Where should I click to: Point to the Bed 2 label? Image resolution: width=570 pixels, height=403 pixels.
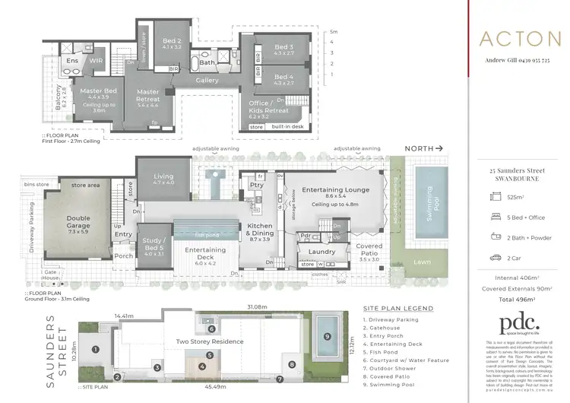[172, 43]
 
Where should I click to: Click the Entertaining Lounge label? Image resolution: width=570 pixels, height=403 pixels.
[335, 189]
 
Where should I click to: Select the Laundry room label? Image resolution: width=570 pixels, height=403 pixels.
[322, 251]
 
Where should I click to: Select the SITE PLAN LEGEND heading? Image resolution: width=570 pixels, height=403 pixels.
[398, 309]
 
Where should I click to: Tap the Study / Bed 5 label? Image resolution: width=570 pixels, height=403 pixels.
[154, 247]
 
